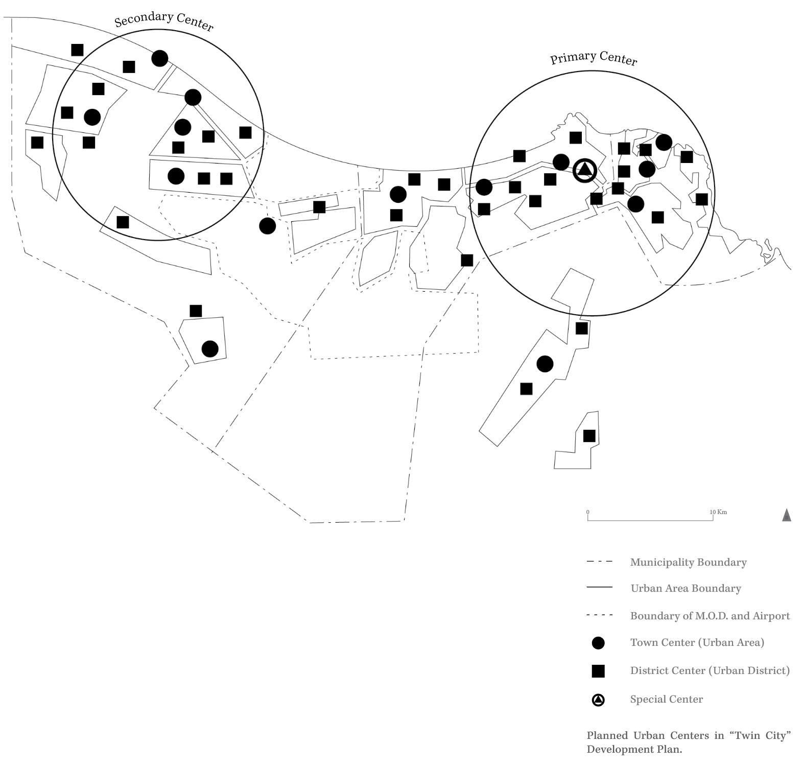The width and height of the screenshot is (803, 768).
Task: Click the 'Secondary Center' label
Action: [x=163, y=21]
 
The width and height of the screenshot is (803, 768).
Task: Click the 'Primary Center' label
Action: [x=594, y=58]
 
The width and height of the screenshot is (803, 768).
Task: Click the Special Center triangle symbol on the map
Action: [x=584, y=170]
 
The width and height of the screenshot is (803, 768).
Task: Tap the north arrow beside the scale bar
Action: [x=787, y=515]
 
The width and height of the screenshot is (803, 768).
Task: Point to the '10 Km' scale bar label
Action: [x=718, y=511]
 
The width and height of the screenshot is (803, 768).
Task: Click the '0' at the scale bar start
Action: [x=588, y=511]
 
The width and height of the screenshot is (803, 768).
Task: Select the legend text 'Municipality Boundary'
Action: [x=688, y=562]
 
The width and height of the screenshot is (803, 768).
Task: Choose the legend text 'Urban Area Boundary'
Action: [x=686, y=588]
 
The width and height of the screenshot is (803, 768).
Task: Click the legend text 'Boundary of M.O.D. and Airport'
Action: [x=710, y=616]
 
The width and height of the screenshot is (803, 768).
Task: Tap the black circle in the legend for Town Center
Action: [x=598, y=643]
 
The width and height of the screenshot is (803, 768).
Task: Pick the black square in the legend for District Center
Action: [x=598, y=671]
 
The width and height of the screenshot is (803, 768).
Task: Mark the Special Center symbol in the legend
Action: [x=598, y=700]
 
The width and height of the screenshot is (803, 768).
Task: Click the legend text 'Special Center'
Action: [x=666, y=699]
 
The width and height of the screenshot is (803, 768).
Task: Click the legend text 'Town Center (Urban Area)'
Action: [x=697, y=642]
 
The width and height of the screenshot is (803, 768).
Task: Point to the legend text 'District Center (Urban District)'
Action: [x=710, y=670]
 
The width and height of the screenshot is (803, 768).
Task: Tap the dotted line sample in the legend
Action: [x=599, y=615]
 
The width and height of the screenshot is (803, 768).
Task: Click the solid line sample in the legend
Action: [x=599, y=588]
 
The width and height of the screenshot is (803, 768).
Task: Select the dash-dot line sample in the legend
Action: [x=599, y=562]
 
